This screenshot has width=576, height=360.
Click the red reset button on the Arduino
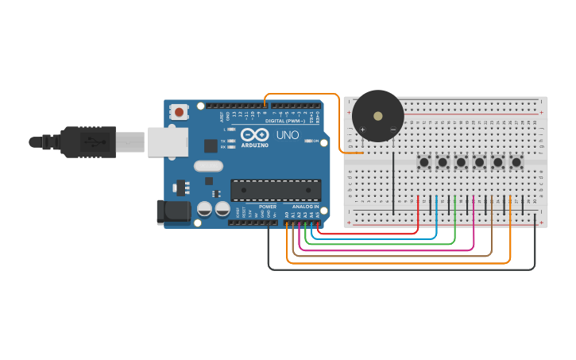[x=180, y=112]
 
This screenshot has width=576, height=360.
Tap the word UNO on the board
[x=287, y=135]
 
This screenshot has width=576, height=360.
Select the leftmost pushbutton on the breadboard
[x=425, y=163]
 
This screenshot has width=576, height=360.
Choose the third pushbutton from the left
[x=462, y=163]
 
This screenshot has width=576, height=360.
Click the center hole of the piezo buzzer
[x=378, y=115]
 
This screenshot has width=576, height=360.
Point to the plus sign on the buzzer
[x=362, y=129]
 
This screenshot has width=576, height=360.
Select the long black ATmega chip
[x=276, y=190]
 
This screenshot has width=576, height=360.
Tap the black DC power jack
[x=174, y=211]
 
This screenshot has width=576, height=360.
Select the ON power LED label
[x=315, y=141]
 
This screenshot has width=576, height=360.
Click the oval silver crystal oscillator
[x=208, y=166]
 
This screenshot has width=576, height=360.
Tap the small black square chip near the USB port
[x=211, y=145]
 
